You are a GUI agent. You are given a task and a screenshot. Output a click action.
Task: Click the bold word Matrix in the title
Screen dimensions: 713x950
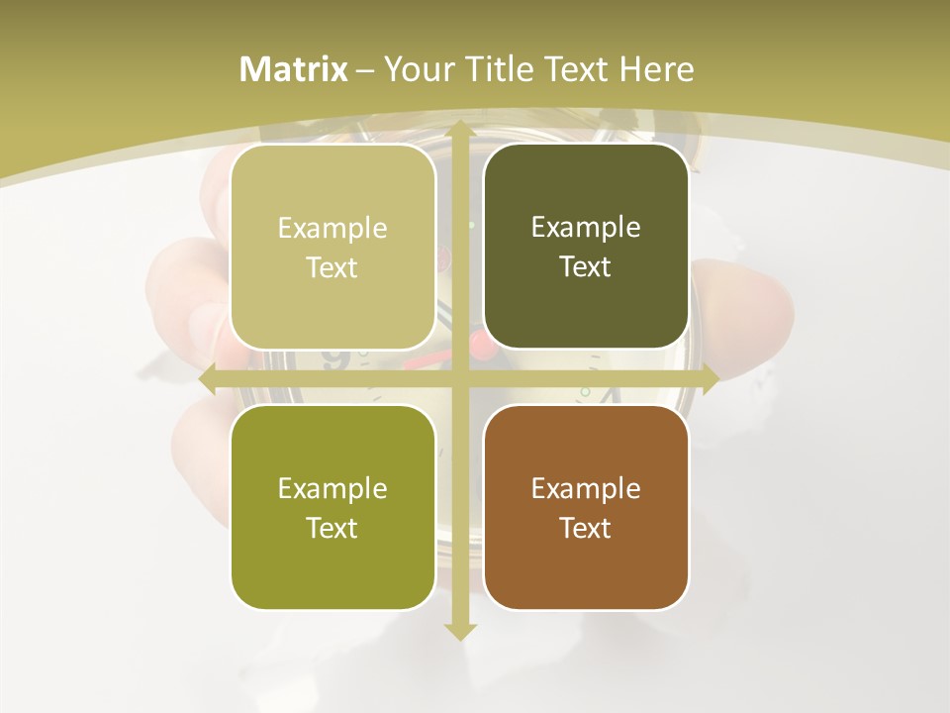tap(294, 69)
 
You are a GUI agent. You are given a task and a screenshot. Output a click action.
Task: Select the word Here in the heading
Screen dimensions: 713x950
tap(656, 69)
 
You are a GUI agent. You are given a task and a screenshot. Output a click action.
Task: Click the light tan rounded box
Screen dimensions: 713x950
tap(332, 248)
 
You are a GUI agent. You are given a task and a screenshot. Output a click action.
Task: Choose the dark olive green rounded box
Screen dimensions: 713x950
tap(586, 247)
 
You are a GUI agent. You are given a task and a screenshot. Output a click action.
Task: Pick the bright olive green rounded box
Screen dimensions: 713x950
tap(332, 507)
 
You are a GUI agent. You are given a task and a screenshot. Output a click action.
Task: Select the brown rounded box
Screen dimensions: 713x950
tap(586, 507)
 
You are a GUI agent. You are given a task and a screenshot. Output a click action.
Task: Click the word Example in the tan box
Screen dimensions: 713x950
tap(332, 229)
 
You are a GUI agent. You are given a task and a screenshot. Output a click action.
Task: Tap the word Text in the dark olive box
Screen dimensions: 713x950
tap(586, 266)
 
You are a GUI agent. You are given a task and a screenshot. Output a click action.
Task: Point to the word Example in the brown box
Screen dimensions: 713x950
tap(586, 488)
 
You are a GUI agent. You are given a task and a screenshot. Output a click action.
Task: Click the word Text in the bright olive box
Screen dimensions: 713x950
tap(332, 528)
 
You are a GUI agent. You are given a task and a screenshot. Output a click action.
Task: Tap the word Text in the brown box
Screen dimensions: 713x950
tap(586, 528)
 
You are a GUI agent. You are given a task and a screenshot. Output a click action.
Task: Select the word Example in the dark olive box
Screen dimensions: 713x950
tap(586, 228)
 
